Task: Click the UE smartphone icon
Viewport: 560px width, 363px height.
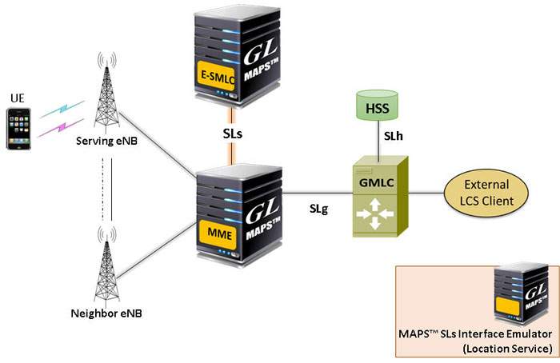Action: [x=18, y=129]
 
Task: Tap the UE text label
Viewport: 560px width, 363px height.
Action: [x=18, y=98]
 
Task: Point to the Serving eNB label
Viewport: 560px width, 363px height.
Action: [x=106, y=141]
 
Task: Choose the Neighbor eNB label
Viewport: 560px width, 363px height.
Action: [x=106, y=313]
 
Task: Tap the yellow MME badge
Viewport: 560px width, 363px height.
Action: [x=218, y=234]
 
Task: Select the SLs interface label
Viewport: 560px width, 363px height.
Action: [x=233, y=134]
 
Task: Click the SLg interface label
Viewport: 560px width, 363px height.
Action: [x=318, y=209]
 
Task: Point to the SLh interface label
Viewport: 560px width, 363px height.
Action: [x=394, y=136]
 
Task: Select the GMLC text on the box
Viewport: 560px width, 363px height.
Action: [x=377, y=183]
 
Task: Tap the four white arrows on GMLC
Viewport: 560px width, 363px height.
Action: [x=374, y=214]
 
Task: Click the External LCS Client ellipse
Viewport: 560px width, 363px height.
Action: [x=486, y=193]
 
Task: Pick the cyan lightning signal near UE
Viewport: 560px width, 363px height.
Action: [x=62, y=109]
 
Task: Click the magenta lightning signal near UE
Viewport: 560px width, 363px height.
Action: [x=60, y=128]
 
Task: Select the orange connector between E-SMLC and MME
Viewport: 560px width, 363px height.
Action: [x=233, y=136]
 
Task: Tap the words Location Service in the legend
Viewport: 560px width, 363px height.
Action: [x=508, y=349]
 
